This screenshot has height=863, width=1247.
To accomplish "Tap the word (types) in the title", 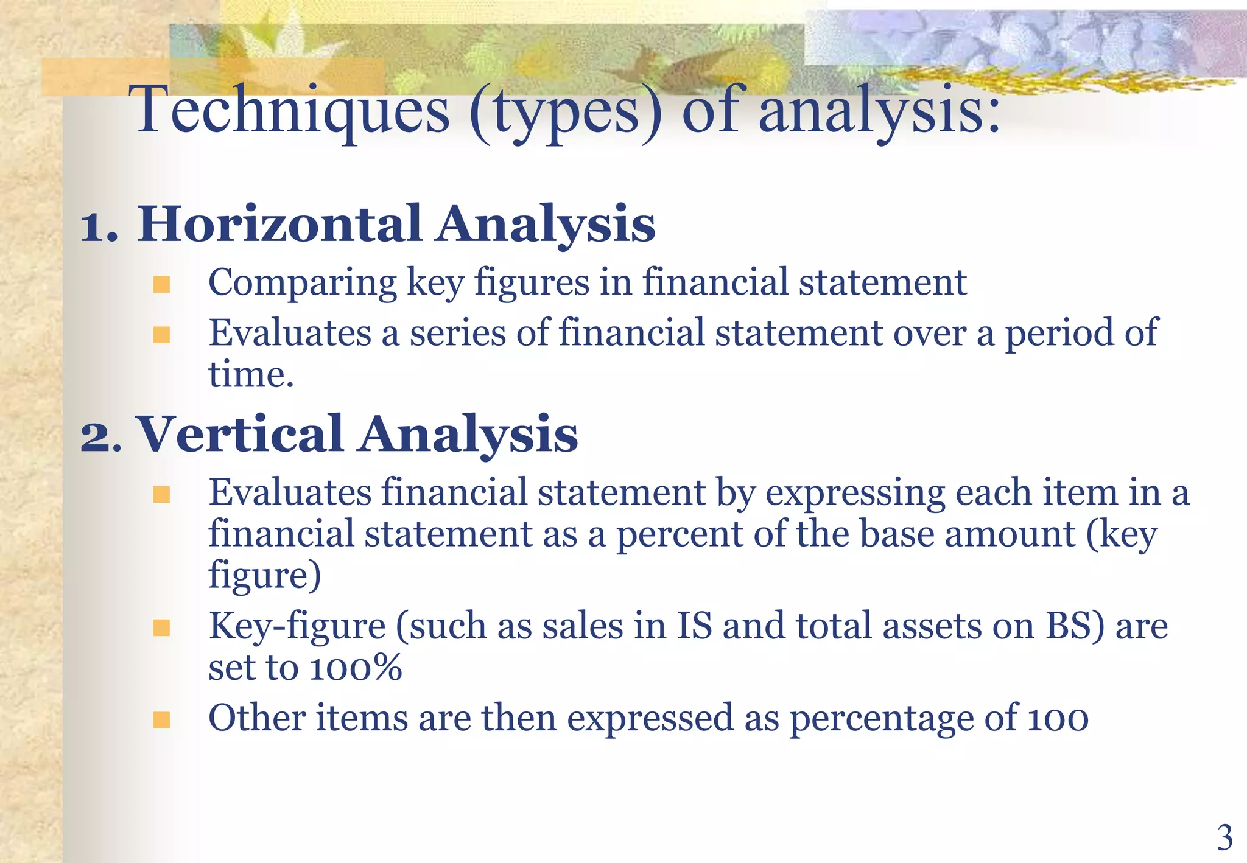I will (566, 112).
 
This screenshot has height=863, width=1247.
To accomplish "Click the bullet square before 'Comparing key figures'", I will (161, 284).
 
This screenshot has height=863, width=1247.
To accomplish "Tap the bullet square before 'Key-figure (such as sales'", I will (161, 627).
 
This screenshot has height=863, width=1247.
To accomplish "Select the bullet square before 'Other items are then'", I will (161, 720).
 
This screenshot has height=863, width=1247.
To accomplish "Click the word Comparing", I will (302, 284).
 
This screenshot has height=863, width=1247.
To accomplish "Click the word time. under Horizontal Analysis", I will (251, 374).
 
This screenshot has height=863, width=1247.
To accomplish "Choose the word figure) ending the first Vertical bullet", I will (264, 576).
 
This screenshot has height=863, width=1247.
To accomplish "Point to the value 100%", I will (356, 668).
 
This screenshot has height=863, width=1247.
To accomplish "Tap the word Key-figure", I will (297, 627).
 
